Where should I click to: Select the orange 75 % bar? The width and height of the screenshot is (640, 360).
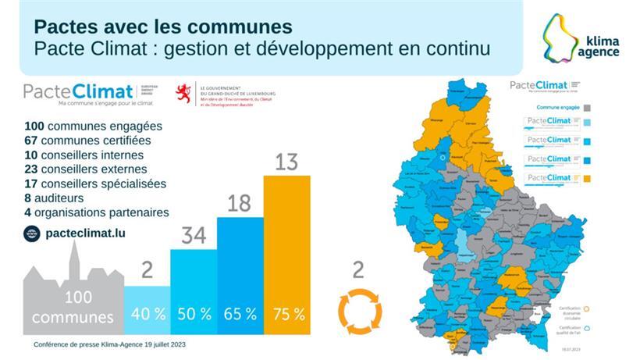click(x=287, y=258)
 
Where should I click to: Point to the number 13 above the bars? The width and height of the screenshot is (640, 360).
click(x=287, y=162)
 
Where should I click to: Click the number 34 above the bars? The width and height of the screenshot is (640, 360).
click(x=194, y=235)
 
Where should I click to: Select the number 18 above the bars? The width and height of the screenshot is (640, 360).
click(x=240, y=204)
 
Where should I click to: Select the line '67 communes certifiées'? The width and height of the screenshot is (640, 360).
click(x=87, y=141)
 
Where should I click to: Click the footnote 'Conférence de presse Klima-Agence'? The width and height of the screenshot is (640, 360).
click(x=110, y=344)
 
